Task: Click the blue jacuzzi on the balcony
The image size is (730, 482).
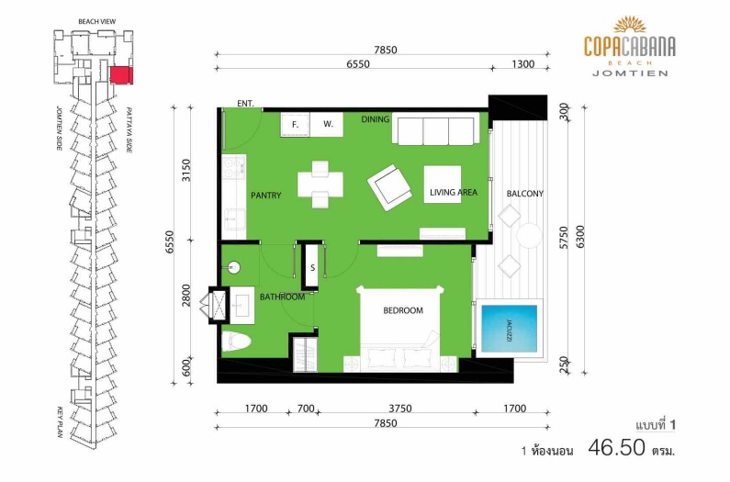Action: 509,329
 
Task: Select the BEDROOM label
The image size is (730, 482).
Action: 403,310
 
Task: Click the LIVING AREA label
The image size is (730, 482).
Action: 454,192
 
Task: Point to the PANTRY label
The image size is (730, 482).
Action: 266,196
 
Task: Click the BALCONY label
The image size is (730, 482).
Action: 524,194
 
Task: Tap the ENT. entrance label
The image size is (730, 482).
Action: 245,104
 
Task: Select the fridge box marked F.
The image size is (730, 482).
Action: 295,124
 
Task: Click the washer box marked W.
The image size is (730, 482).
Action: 328,124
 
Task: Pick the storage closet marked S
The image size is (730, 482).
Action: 312,267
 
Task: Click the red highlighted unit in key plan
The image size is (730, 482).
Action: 121,75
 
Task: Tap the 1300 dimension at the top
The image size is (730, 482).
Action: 522,63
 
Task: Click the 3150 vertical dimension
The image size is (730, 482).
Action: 185,171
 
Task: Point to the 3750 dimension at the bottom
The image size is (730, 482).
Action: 400,409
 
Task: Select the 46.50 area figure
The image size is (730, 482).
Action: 617,447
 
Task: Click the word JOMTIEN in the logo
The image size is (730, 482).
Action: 630,73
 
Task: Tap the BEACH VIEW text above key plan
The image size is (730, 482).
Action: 96,21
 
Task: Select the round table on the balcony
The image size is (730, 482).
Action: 529,236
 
